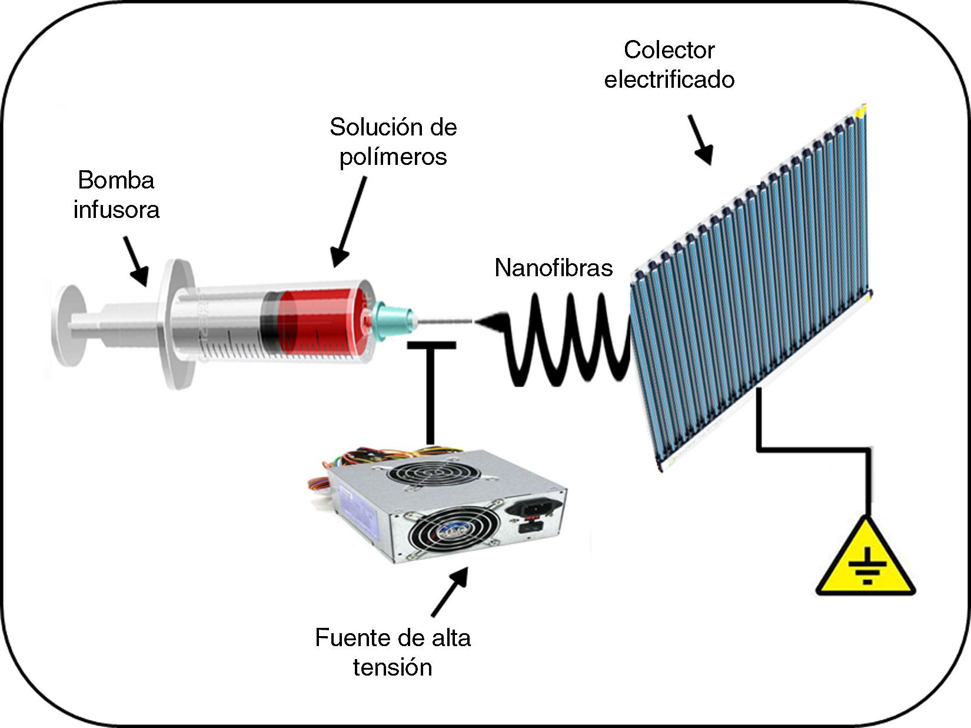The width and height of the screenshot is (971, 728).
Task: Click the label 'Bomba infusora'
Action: pos(116,194)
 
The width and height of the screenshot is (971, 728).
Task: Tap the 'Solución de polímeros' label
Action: pos(393,141)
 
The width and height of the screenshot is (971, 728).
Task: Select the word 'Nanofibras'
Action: pos(553,268)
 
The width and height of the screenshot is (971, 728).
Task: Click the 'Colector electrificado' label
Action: pos(669,65)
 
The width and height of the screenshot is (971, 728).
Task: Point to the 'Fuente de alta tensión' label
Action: pos(393,653)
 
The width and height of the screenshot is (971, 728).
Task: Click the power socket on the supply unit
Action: pos(533,507)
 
